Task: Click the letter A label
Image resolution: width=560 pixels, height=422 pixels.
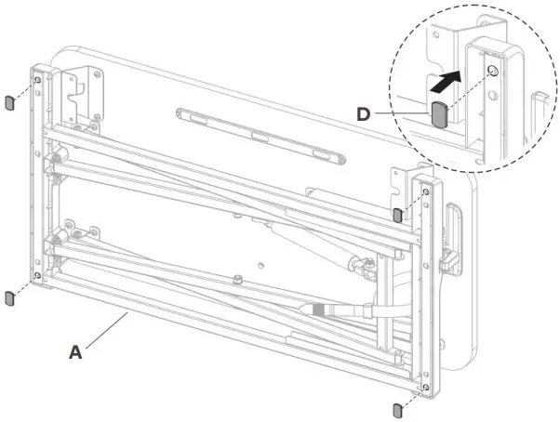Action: click(75, 352)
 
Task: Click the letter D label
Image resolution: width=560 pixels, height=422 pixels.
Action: click(364, 114)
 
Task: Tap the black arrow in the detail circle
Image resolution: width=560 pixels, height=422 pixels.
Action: click(446, 81)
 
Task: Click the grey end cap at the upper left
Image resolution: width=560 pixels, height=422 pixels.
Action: click(9, 103)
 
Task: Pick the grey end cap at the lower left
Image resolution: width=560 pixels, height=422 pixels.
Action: click(9, 298)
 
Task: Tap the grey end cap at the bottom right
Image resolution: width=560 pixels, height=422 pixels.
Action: click(397, 410)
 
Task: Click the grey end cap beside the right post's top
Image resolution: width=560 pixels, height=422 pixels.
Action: click(397, 215)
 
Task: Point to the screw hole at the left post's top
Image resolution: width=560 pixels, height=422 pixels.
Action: click(37, 80)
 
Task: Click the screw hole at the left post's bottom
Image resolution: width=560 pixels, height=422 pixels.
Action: click(37, 275)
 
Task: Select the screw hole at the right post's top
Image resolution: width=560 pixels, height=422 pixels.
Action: click(426, 192)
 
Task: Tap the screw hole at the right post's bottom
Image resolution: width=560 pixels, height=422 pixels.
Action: click(425, 387)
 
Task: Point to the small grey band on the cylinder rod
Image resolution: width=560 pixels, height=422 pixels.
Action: click(317, 310)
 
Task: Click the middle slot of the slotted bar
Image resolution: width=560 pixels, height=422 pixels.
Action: click(261, 136)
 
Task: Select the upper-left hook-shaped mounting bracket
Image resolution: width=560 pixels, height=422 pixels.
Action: click(82, 94)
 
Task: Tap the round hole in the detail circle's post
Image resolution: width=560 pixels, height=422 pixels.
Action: click(493, 70)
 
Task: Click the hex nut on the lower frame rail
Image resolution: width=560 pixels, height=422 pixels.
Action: click(236, 279)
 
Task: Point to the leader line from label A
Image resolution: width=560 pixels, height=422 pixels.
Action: click(107, 330)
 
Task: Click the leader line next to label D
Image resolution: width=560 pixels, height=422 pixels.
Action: click(403, 113)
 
